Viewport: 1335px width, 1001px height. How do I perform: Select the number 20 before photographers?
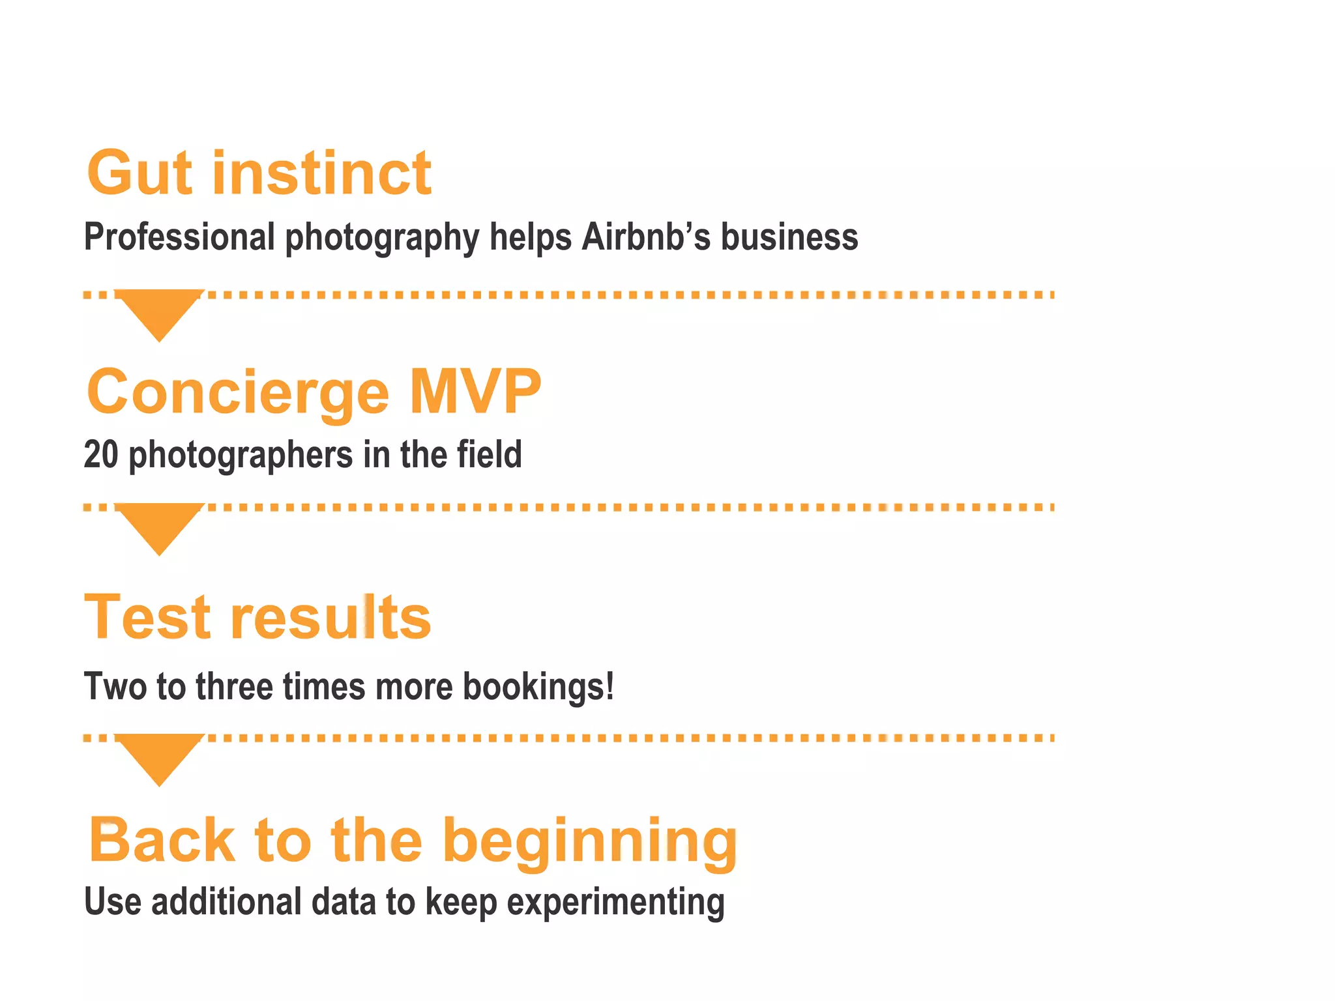(x=101, y=454)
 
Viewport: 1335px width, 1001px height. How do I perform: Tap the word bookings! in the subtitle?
(x=538, y=686)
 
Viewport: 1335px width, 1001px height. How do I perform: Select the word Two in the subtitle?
(x=113, y=686)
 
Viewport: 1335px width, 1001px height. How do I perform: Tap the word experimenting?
(x=616, y=903)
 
